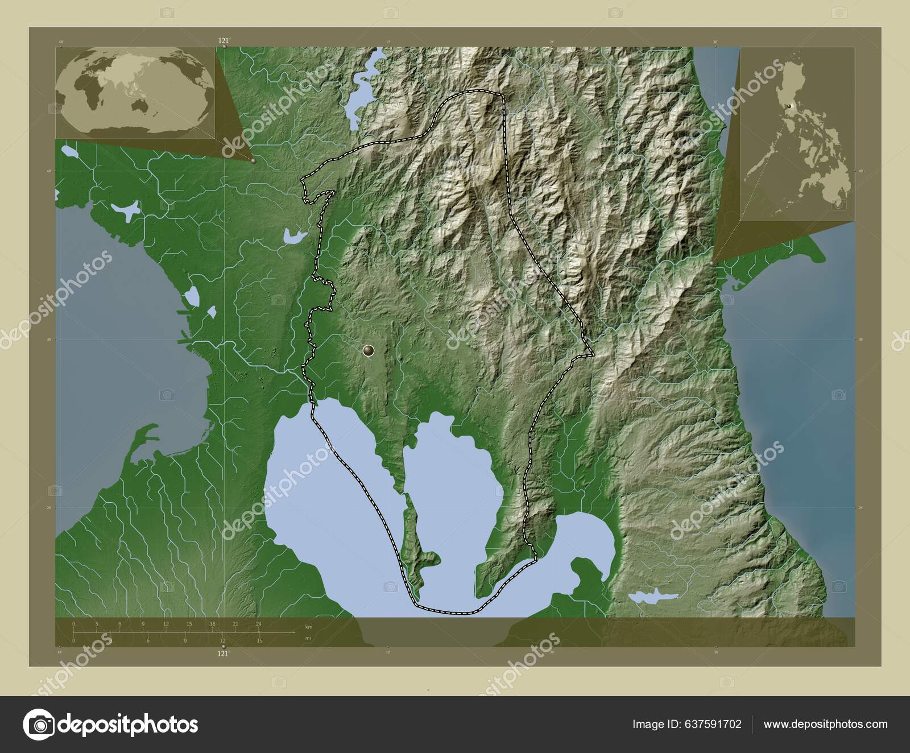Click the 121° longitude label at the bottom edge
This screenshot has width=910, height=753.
pyautogui.click(x=224, y=654)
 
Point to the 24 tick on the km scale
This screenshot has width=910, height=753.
pyautogui.click(x=259, y=624)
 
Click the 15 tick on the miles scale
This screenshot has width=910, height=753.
pyautogui.click(x=259, y=641)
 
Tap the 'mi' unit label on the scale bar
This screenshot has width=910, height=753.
pyautogui.click(x=308, y=638)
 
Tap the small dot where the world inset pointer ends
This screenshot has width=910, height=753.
pyautogui.click(x=254, y=161)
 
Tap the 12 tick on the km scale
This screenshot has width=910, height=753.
pyautogui.click(x=166, y=624)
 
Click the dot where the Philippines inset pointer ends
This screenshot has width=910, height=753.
pyautogui.click(x=713, y=263)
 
